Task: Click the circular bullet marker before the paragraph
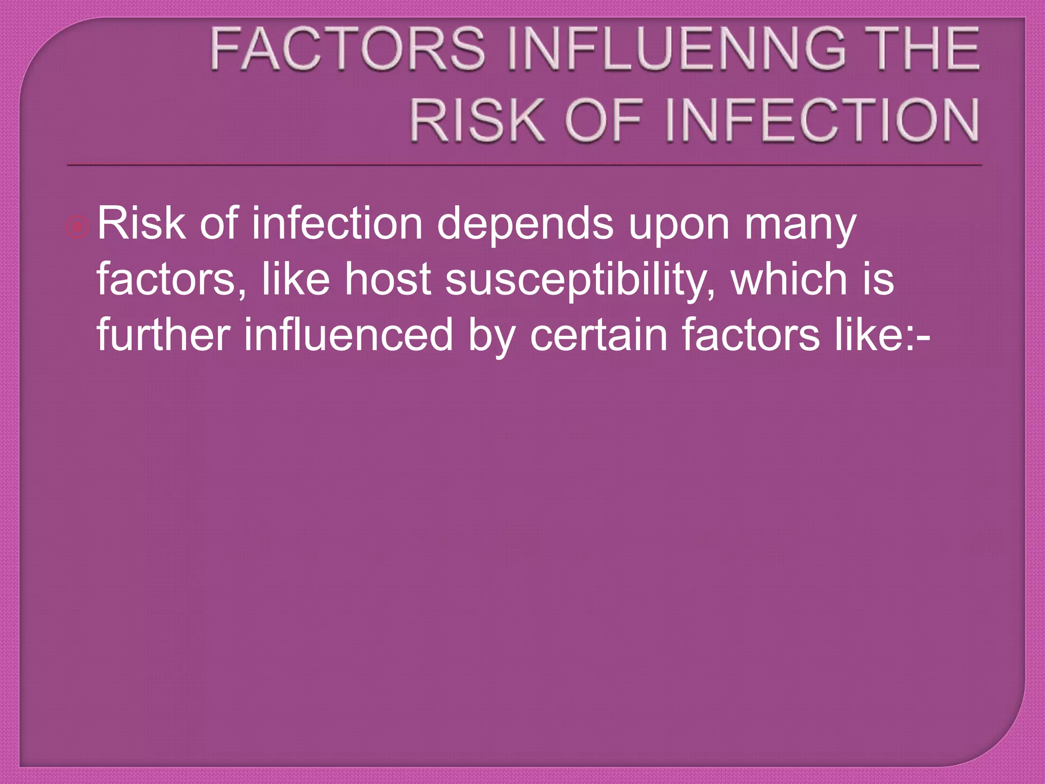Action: tap(78, 227)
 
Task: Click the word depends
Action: tap(525, 225)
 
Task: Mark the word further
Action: tap(164, 335)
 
